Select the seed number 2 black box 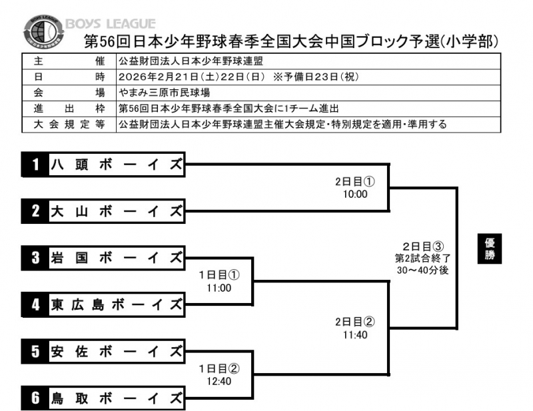(x=35, y=212)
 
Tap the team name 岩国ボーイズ (x=116, y=258)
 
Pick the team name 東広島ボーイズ (x=116, y=304)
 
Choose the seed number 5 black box (x=35, y=352)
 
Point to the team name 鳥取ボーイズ (x=116, y=398)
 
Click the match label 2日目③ (x=420, y=245)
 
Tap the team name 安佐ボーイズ (x=116, y=352)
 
